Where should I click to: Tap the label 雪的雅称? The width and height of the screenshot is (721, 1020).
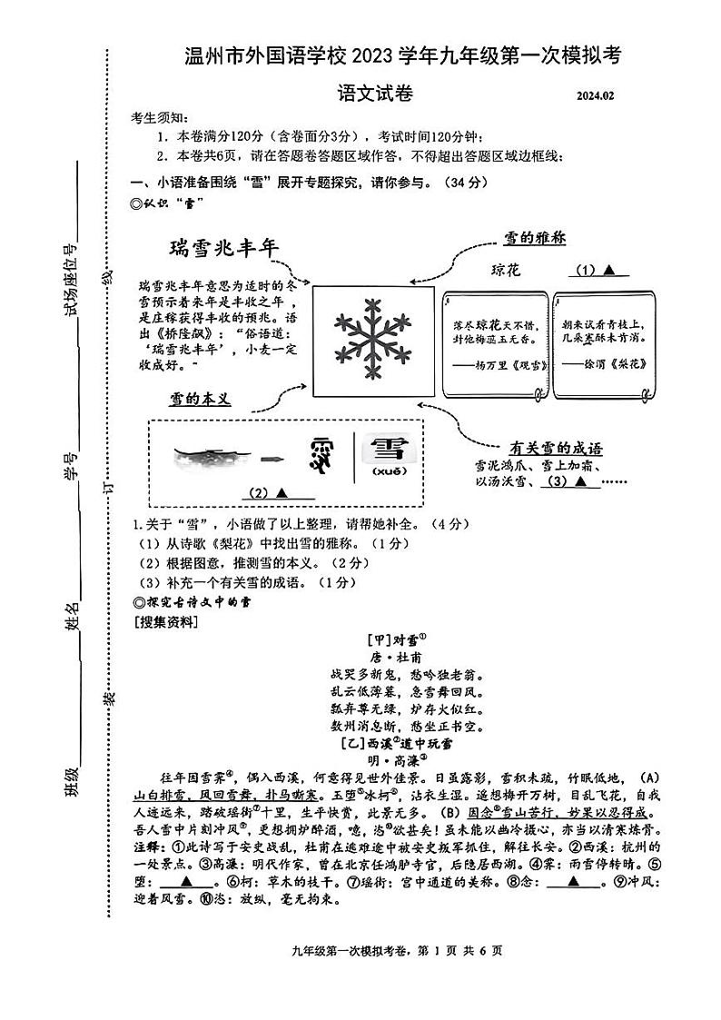point(535,238)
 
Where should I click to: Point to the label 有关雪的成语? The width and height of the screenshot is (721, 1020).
point(556,448)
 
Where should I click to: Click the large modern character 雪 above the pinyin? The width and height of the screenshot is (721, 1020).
point(390,449)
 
